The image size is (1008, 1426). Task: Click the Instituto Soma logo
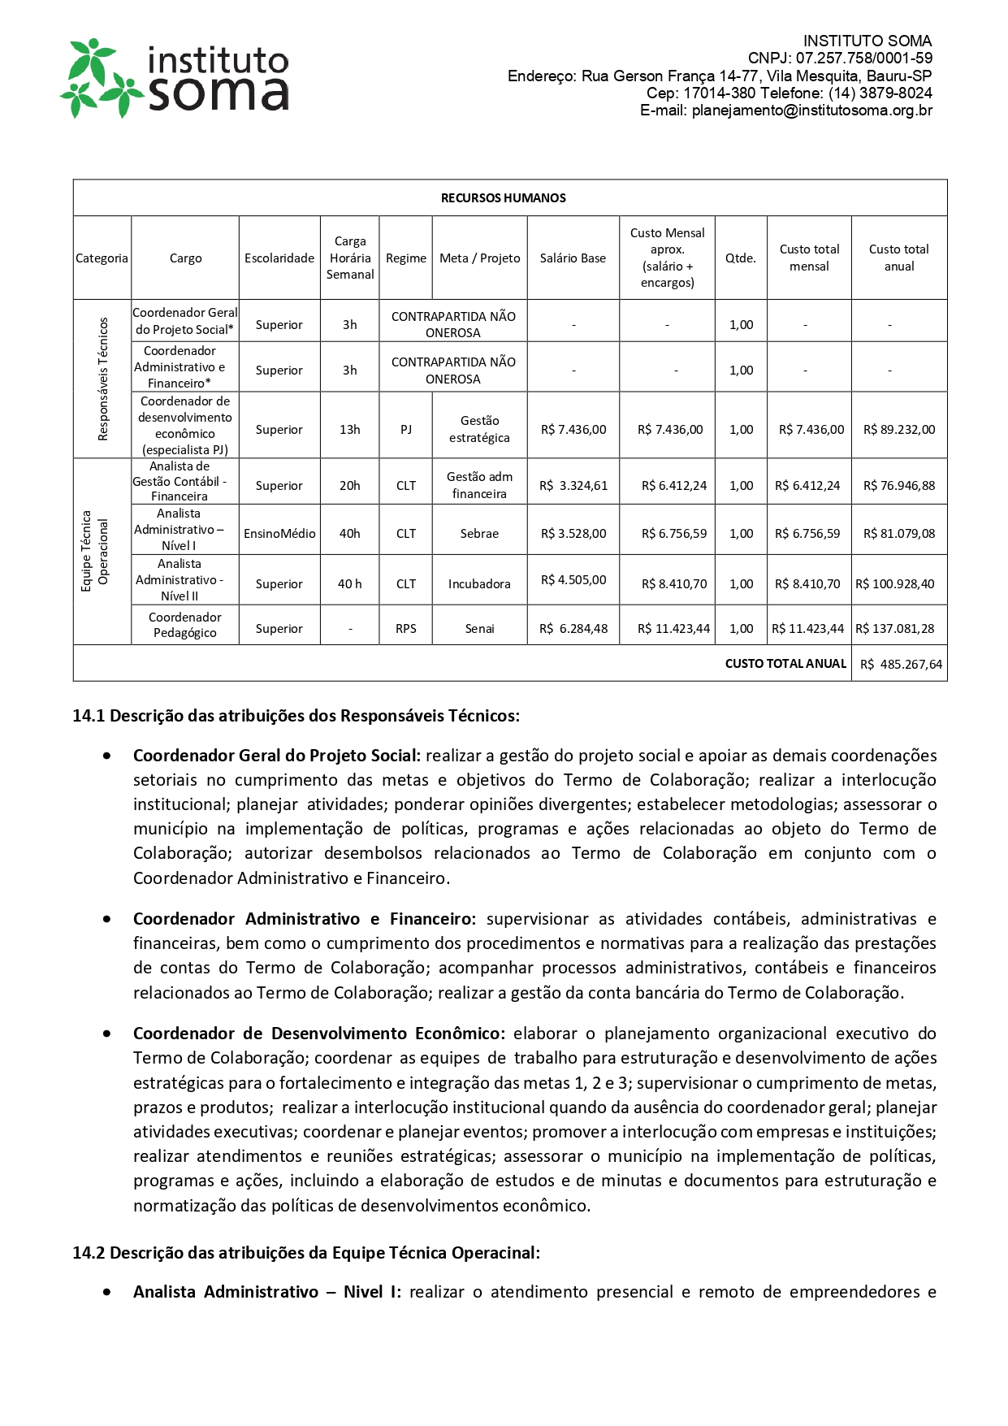tap(175, 77)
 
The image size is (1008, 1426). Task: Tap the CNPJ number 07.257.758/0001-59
tap(863, 59)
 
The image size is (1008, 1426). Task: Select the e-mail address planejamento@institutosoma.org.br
tap(811, 111)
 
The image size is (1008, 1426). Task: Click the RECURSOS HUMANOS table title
tap(503, 198)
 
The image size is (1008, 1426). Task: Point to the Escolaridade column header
tap(279, 258)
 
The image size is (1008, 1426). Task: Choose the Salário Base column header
tap(573, 258)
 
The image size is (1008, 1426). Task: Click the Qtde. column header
tap(740, 258)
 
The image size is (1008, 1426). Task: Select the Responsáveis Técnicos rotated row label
tap(102, 379)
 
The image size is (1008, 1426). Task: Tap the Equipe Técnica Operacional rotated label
tap(94, 552)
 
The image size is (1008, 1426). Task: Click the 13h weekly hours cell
tap(349, 430)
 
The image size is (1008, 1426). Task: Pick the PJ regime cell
tap(405, 430)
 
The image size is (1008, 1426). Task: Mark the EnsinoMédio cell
tap(279, 534)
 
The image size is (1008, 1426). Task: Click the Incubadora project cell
tap(479, 584)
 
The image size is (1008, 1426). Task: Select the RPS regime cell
tap(405, 629)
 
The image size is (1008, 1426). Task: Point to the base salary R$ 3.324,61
tap(573, 486)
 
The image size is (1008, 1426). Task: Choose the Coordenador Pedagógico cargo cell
tap(185, 625)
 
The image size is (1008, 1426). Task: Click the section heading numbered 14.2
tap(306, 1253)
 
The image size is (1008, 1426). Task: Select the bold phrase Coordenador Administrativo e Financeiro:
tap(305, 919)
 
